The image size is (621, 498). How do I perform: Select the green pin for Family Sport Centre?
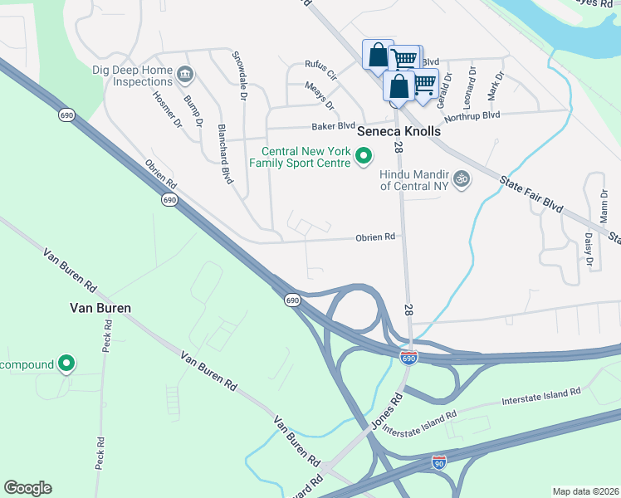click(x=364, y=155)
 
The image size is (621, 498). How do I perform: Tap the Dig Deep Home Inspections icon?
click(x=184, y=76)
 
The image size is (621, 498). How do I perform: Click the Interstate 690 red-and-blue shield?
click(x=408, y=358)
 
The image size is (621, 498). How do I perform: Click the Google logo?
click(x=27, y=488)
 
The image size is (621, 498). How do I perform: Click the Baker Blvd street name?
click(x=333, y=126)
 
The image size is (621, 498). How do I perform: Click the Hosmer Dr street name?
click(x=166, y=109)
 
